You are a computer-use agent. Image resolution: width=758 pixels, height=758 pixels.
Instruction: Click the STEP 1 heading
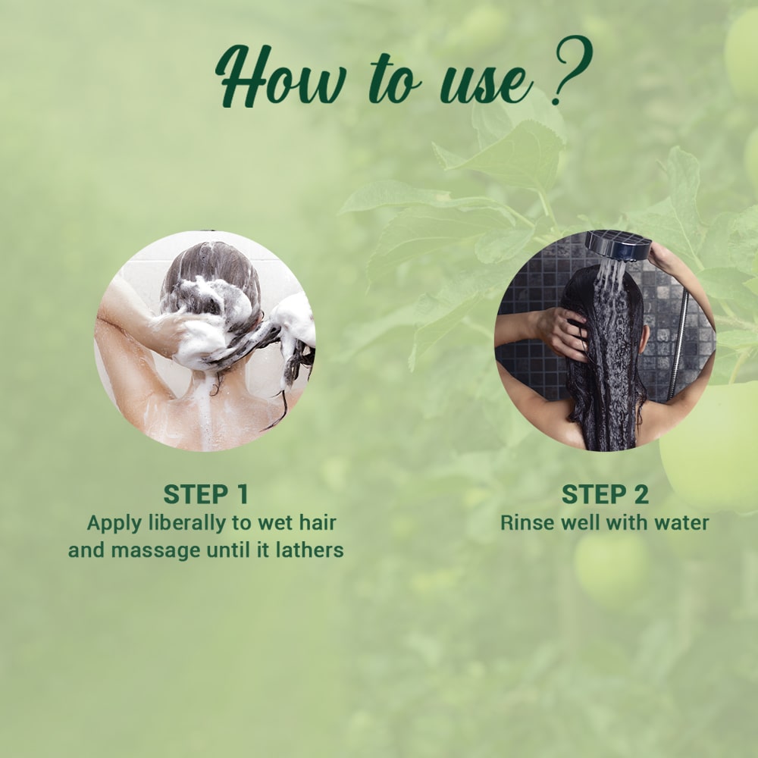pos(206,494)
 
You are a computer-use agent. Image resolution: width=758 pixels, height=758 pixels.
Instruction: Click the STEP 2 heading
pos(605,494)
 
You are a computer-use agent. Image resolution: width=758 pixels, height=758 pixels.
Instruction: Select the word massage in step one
pos(155,550)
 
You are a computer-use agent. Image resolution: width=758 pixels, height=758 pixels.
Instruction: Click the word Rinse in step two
pos(524,522)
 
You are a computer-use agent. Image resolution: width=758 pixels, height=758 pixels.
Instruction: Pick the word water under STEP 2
pos(682,522)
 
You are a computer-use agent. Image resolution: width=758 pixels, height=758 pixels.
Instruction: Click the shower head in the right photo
pos(618,245)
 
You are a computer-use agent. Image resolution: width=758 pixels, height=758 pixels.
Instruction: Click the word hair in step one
pos(317,522)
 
